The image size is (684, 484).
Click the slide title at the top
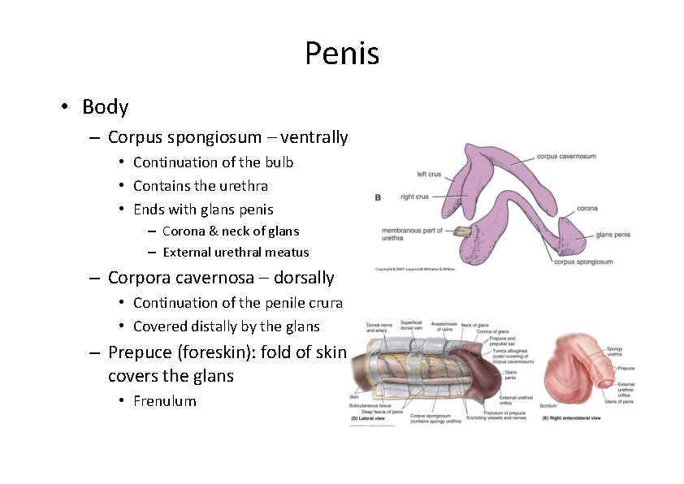342,54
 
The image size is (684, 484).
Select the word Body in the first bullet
105,106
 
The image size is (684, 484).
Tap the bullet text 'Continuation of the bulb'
213,162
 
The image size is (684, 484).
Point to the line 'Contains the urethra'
200,186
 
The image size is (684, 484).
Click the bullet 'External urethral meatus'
236,252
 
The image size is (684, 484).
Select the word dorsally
304,278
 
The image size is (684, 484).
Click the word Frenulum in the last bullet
164,400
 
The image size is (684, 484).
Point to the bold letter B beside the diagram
378,197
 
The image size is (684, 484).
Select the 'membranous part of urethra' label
412,234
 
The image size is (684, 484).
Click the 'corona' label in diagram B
587,209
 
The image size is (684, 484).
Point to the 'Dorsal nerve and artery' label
378,327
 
